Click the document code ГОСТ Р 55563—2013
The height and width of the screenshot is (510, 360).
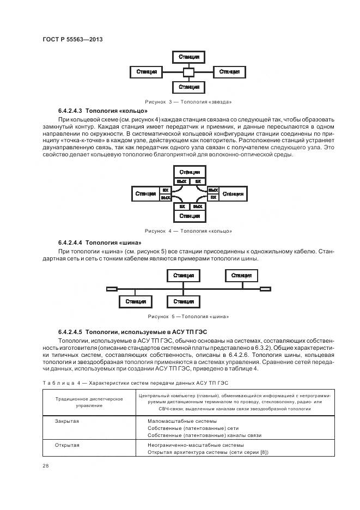72,40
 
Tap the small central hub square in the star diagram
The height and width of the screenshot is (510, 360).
188,72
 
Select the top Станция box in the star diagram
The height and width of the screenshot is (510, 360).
188,57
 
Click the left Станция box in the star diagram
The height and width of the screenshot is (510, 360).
147,72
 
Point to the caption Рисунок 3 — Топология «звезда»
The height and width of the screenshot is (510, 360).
188,102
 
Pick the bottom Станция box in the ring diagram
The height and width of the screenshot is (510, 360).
188,216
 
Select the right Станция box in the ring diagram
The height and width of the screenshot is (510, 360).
233,193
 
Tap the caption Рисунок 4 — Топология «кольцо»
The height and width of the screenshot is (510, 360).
188,231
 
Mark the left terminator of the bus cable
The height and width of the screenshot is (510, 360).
112,288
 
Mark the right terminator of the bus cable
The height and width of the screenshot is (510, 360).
265,288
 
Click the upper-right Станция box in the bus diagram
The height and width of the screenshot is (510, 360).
241,276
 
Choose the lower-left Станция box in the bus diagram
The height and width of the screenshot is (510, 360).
136,301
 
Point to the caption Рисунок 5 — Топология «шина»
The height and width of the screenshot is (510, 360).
188,317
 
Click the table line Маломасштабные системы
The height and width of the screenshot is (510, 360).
182,421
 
